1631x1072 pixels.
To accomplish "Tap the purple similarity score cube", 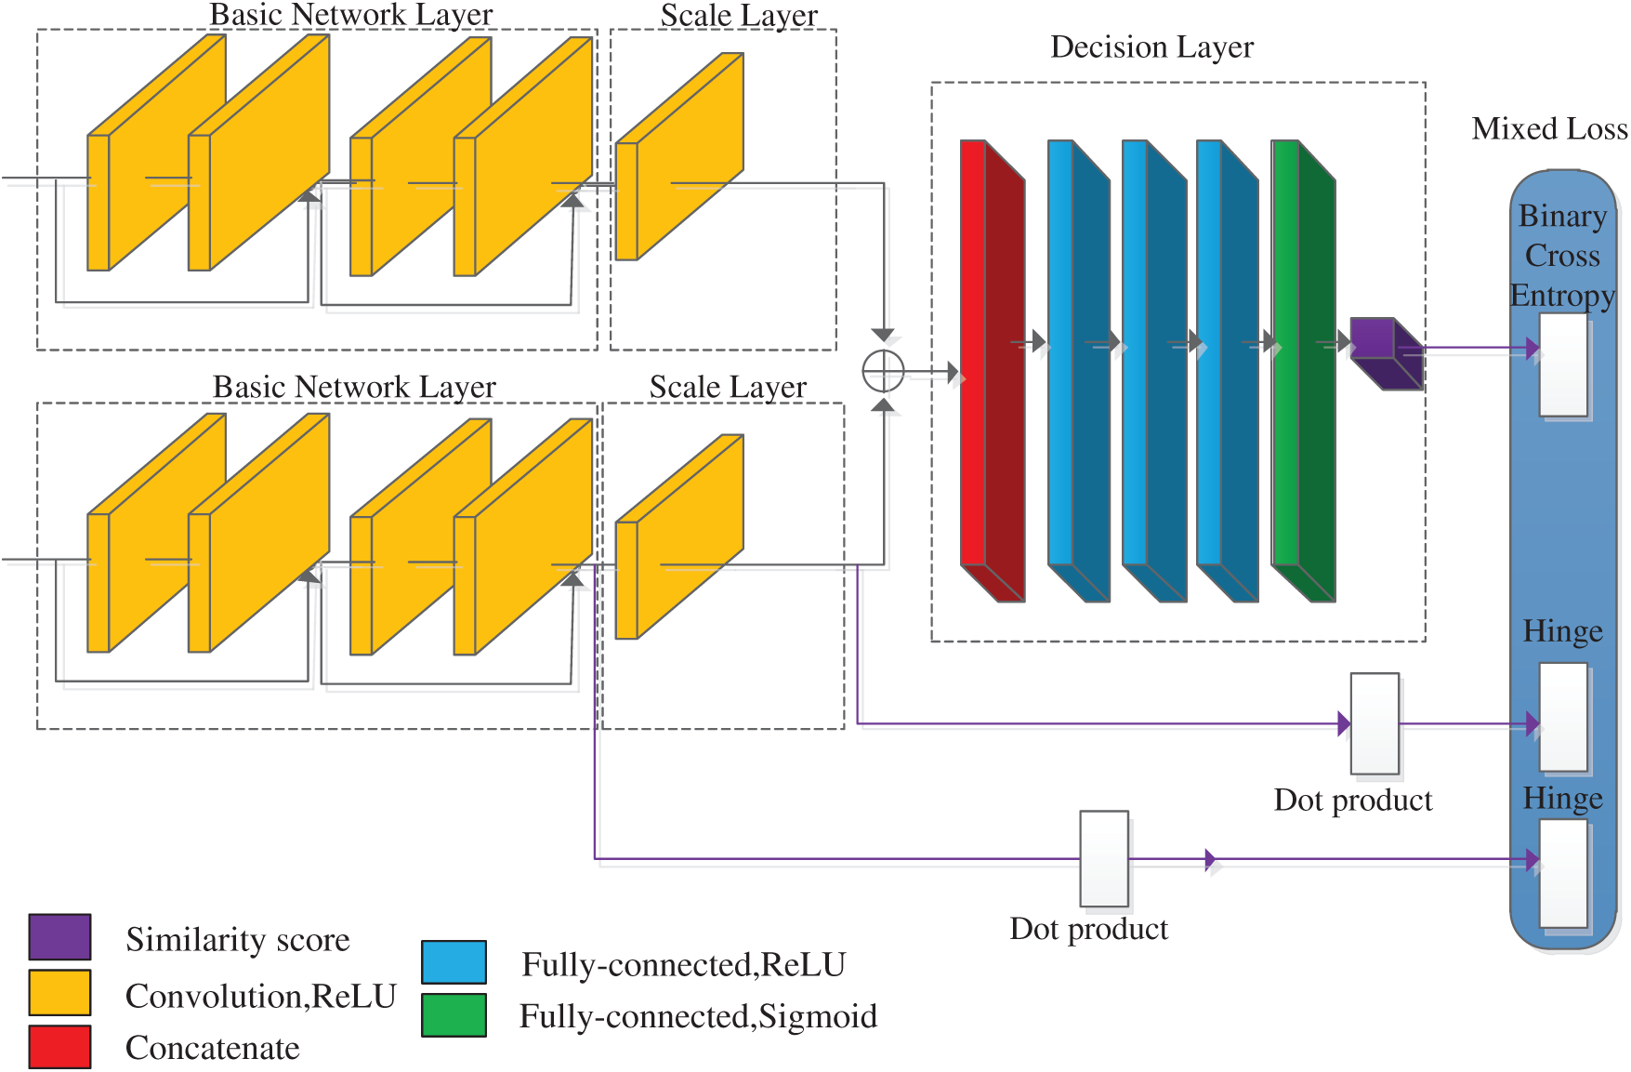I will (1385, 352).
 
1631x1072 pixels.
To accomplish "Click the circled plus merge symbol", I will (883, 372).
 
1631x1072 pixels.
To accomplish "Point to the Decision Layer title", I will (1151, 47).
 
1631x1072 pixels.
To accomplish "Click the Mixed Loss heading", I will (1549, 128).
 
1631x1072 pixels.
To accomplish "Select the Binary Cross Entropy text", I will (1562, 256).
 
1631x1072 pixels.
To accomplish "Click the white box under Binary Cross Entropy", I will (1563, 364).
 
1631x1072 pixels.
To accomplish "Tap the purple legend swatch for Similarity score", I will (59, 936).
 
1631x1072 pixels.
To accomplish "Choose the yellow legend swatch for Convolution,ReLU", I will (59, 992).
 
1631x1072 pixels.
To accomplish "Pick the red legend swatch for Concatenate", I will (59, 1047).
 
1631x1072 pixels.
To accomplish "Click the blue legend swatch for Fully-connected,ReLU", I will (454, 961).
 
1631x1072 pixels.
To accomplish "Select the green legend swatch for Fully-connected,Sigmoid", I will (454, 1014).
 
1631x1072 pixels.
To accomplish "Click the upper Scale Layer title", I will (739, 16).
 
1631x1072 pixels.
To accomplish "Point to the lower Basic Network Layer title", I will (354, 387).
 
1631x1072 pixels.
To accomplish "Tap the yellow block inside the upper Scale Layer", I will (679, 156).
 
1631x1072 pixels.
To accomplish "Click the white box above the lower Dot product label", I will (1104, 858).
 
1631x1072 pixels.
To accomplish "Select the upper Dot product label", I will (1353, 801).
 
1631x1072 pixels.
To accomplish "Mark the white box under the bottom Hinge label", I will (1563, 873).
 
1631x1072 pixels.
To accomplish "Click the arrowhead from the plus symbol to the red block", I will (954, 373).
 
